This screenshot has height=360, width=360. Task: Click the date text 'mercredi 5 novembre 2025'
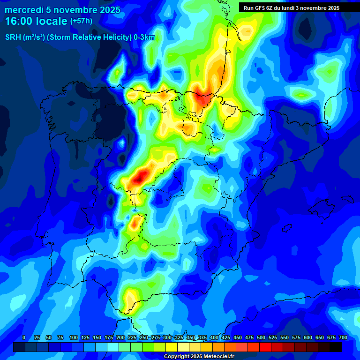63,10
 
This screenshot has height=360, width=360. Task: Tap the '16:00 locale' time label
36,21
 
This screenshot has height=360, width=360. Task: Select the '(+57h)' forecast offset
81,21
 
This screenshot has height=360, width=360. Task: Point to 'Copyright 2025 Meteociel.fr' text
199,356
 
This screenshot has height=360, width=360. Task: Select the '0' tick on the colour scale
24,338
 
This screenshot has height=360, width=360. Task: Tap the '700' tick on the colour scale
343,338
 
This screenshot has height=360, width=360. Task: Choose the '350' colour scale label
190,338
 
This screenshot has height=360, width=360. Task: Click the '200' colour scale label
120,338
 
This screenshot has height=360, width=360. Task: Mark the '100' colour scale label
73,338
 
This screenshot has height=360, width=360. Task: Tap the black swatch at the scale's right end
336,347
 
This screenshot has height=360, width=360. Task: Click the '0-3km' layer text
144,37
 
